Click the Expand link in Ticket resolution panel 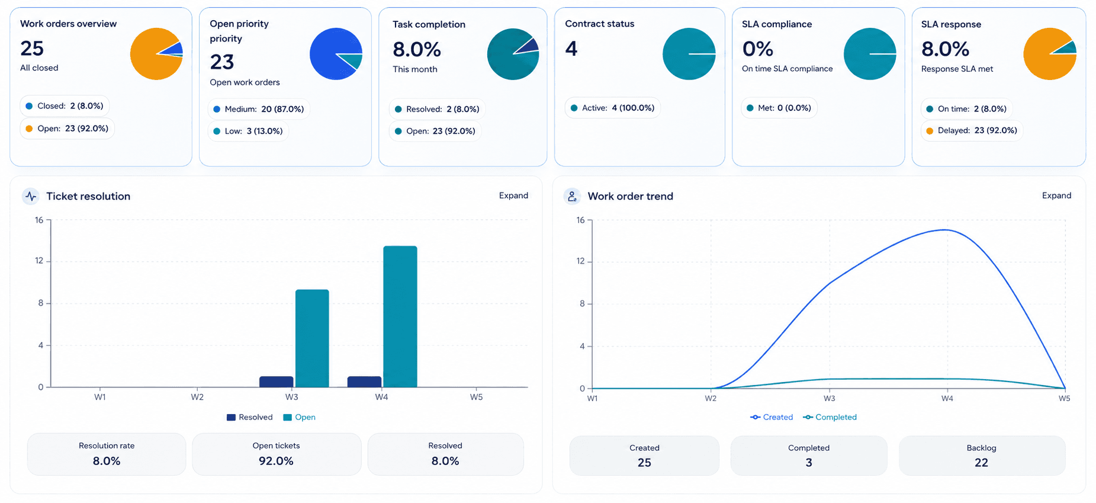pos(513,196)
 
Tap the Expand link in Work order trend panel pos(1056,196)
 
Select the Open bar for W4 pos(400,317)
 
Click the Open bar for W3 pos(312,338)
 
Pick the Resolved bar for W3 pos(277,382)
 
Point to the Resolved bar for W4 pos(364,382)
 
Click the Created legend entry pos(772,417)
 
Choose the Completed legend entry pos(830,417)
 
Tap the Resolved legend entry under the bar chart pos(249,417)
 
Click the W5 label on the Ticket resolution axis pos(476,397)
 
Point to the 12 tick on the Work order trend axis pos(580,261)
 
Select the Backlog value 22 pos(981,463)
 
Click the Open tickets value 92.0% pos(276,461)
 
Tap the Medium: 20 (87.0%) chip pos(259,109)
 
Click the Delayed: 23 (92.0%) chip pos(972,130)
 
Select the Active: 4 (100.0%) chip pos(612,108)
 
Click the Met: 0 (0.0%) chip pos(779,108)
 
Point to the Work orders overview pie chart pos(156,54)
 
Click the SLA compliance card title pos(777,24)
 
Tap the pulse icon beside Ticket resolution pos(31,196)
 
